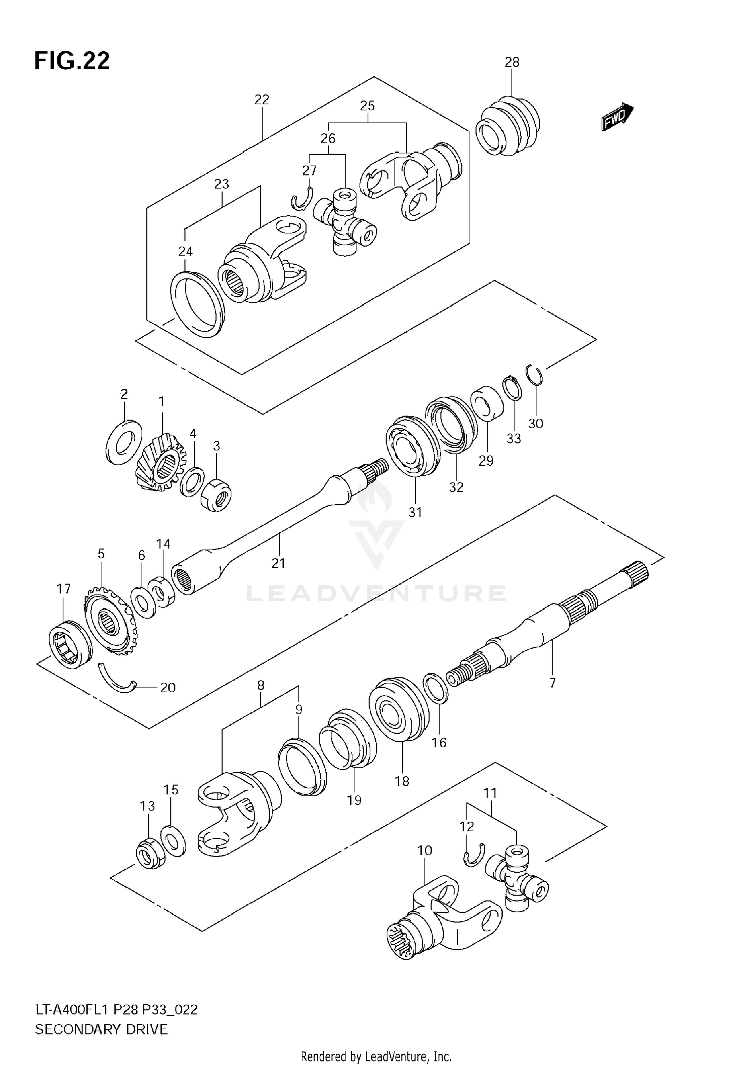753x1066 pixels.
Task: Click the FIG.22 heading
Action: tap(72, 61)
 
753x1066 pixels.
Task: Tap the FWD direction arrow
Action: tap(617, 117)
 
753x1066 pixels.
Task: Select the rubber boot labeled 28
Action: tap(508, 124)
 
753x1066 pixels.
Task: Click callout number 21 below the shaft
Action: tap(278, 563)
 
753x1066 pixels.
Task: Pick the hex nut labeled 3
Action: tap(216, 495)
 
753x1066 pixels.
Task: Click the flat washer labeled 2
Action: tap(124, 442)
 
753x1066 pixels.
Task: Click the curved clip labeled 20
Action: tap(115, 678)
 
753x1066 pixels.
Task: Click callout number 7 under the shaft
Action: tap(552, 683)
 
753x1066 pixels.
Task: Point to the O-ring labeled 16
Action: tap(436, 688)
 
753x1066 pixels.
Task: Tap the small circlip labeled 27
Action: tap(302, 198)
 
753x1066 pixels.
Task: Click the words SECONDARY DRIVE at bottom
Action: tap(101, 1030)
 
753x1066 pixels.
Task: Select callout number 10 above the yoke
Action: tap(424, 850)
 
